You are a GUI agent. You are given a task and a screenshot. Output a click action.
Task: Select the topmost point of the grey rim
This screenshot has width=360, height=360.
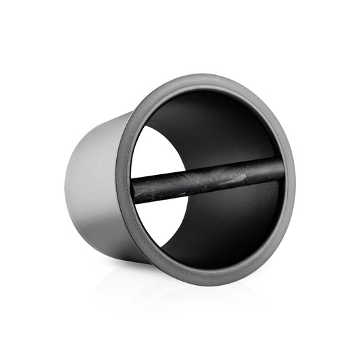203,75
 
